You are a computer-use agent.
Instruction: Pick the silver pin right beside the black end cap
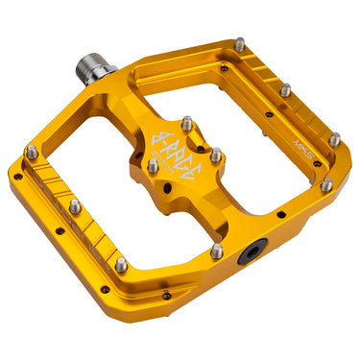pyautogui.click(x=217, y=251)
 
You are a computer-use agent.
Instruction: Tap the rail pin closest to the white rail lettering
pyautogui.click(x=334, y=140)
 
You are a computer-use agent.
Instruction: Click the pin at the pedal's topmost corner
pyautogui.click(x=237, y=44)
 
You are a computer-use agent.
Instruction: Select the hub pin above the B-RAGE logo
pyautogui.click(x=186, y=124)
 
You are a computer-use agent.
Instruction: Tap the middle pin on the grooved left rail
pyautogui.click(x=75, y=206)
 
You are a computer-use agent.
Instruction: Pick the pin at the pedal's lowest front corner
pyautogui.click(x=120, y=264)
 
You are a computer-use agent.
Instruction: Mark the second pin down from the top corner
pyautogui.click(x=285, y=90)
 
